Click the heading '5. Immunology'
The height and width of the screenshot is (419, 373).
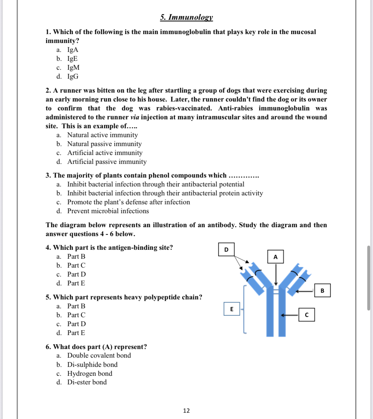(186, 17)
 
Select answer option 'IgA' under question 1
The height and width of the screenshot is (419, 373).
(72, 50)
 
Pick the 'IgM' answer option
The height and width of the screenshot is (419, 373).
(73, 67)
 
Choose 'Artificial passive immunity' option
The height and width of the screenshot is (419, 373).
(107, 162)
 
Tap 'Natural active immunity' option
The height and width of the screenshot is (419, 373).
(102, 135)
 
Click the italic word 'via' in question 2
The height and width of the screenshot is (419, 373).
(135, 117)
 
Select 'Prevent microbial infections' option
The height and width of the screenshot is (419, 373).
(108, 211)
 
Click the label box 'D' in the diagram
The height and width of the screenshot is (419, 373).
(226, 249)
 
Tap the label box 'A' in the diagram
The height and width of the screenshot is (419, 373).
(275, 257)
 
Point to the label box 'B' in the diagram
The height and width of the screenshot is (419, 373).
(322, 290)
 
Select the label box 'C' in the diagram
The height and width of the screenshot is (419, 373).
(307, 315)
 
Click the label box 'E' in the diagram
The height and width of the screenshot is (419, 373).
(232, 309)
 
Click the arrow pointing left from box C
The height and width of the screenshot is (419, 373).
(289, 315)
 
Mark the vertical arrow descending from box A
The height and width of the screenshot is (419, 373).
(276, 274)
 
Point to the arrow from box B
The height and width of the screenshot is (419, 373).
(304, 291)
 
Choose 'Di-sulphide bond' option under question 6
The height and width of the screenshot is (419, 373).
(92, 365)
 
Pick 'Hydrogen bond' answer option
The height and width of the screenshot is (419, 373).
(90, 374)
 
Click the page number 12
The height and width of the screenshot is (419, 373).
(186, 411)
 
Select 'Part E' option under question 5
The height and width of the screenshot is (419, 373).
(76, 333)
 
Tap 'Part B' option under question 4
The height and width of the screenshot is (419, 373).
(76, 256)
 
